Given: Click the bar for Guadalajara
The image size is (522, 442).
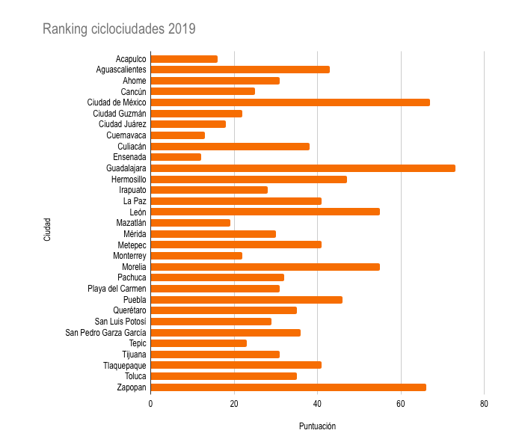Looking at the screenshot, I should point(303,168).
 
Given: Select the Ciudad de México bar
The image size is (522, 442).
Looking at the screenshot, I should point(290,102).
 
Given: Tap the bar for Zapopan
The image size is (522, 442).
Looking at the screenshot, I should point(288,387).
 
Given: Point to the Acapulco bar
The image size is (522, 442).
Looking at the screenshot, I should point(184,59).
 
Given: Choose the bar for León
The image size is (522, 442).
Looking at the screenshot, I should point(265,212).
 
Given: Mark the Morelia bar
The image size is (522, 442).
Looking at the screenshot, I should point(265,267).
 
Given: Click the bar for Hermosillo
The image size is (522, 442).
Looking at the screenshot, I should point(248,179).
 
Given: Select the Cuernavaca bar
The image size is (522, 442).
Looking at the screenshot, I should point(177,135).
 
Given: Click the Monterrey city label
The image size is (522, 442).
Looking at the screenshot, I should point(129,256).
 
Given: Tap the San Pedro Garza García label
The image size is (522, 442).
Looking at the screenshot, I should point(105,333).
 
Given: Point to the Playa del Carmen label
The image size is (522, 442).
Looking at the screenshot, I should point(117,289).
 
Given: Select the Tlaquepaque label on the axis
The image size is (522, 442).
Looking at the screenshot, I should point(124,366).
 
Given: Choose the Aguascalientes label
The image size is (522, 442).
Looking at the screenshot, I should point(121,70).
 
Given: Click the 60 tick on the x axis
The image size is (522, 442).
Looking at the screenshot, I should point(401,404).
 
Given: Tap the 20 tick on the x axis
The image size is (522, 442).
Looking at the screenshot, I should point(234,404).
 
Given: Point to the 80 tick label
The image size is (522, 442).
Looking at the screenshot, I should point(484,404).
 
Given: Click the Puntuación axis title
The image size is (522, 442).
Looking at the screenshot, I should point(317,426).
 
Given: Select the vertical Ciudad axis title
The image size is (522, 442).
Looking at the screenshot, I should point(47,228).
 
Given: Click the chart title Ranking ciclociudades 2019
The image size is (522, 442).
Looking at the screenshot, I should point(119,29).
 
